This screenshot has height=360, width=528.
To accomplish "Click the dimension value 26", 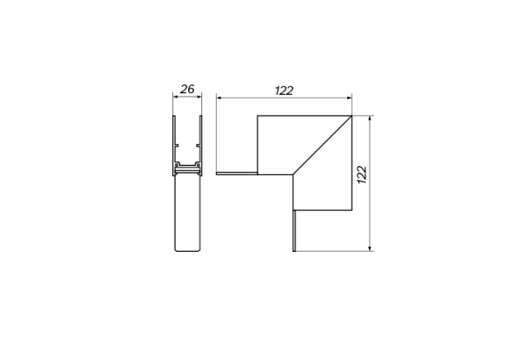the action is click(187, 89).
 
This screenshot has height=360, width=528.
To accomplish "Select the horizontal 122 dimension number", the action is click(284, 90).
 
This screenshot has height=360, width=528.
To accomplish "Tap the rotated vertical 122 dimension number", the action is click(362, 174).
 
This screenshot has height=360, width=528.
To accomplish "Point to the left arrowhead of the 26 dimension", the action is click(175, 97).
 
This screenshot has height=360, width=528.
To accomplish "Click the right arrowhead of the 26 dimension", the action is click(200, 97).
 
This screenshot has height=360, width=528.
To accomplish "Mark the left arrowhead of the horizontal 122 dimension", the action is click(219, 98).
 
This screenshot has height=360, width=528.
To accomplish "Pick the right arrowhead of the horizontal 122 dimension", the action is click(350, 98).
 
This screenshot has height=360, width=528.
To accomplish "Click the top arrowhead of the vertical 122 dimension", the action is click(370, 118).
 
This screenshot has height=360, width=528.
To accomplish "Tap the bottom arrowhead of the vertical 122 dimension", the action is click(370, 249).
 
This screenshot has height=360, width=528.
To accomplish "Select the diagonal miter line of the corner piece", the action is click(323, 145).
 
